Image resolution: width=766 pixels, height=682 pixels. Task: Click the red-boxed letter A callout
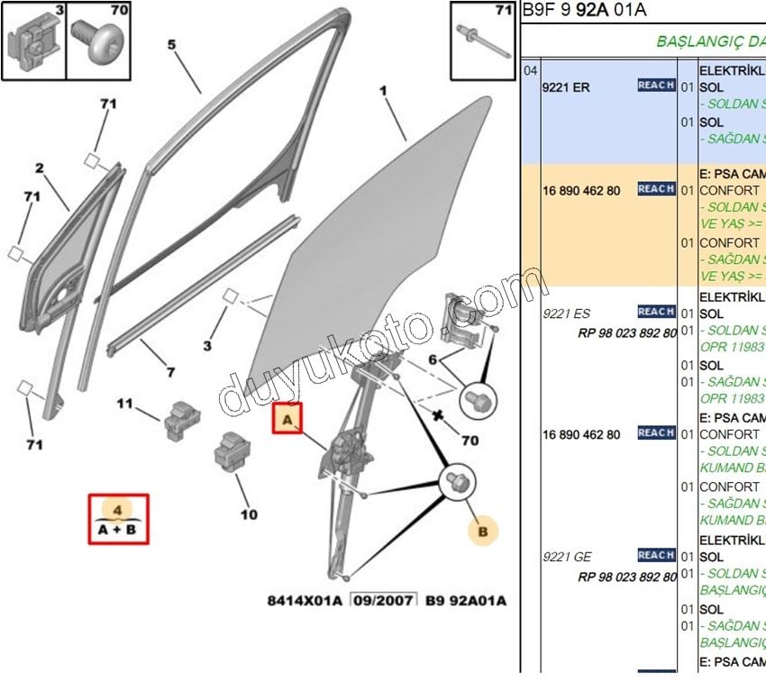pos(287,419)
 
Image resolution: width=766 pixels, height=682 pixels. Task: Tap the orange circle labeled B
pos(483,532)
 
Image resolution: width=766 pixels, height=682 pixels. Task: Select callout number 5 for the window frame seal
pos(171,44)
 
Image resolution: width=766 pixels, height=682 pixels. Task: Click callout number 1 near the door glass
pos(383,90)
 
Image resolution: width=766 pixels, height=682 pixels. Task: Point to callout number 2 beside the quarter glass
pos(40,168)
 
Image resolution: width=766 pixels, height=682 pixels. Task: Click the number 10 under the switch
pos(249,514)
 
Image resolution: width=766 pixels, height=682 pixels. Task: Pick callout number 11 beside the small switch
pos(124,403)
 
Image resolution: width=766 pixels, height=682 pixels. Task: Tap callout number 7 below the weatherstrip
pos(169,372)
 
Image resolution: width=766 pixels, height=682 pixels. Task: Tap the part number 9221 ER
pos(566,87)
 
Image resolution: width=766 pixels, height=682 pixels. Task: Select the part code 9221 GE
pos(567,557)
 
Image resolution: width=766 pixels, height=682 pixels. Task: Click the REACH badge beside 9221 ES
pos(655,312)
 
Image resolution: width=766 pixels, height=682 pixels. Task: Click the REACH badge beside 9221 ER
pos(655,85)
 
